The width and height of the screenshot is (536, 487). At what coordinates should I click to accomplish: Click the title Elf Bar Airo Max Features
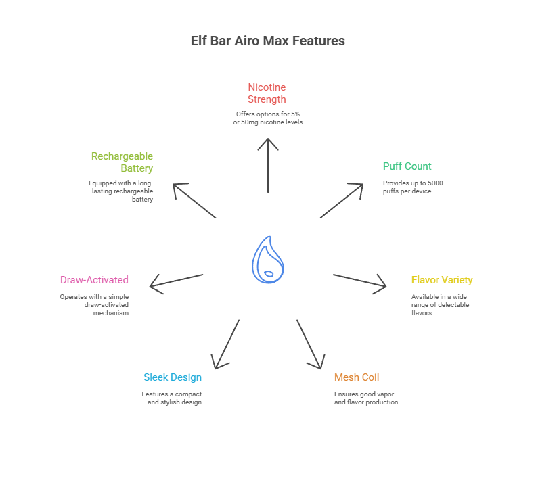pyautogui.click(x=268, y=41)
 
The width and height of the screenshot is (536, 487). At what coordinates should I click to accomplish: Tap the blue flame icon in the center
pyautogui.click(x=268, y=260)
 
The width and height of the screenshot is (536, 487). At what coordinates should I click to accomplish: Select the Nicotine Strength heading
pyautogui.click(x=267, y=93)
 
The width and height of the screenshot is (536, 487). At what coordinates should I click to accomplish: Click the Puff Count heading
pyautogui.click(x=407, y=166)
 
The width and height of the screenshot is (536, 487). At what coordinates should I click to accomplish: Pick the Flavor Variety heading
pyautogui.click(x=441, y=280)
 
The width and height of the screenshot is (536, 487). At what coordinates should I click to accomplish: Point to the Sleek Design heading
pyautogui.click(x=173, y=377)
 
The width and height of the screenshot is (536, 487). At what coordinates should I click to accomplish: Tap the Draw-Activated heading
pyautogui.click(x=94, y=280)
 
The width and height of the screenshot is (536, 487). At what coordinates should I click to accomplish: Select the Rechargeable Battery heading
pyautogui.click(x=122, y=162)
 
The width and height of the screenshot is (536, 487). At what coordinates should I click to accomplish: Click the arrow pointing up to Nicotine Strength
pyautogui.click(x=268, y=166)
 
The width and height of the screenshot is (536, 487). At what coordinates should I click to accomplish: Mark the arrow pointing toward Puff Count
pyautogui.click(x=342, y=200)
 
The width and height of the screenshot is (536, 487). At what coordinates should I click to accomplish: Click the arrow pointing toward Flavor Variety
pyautogui.click(x=359, y=281)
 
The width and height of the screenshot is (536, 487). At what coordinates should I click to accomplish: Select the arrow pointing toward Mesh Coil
pyautogui.click(x=309, y=344)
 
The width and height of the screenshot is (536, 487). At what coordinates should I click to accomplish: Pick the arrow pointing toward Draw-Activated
pyautogui.click(x=177, y=281)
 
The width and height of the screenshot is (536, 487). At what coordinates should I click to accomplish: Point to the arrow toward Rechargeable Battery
pyautogui.click(x=194, y=200)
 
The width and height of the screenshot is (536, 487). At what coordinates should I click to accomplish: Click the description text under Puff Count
pyautogui.click(x=413, y=187)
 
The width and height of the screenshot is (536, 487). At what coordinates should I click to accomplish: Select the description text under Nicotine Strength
pyautogui.click(x=267, y=118)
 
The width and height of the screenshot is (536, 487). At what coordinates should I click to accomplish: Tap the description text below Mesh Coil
pyautogui.click(x=365, y=398)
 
